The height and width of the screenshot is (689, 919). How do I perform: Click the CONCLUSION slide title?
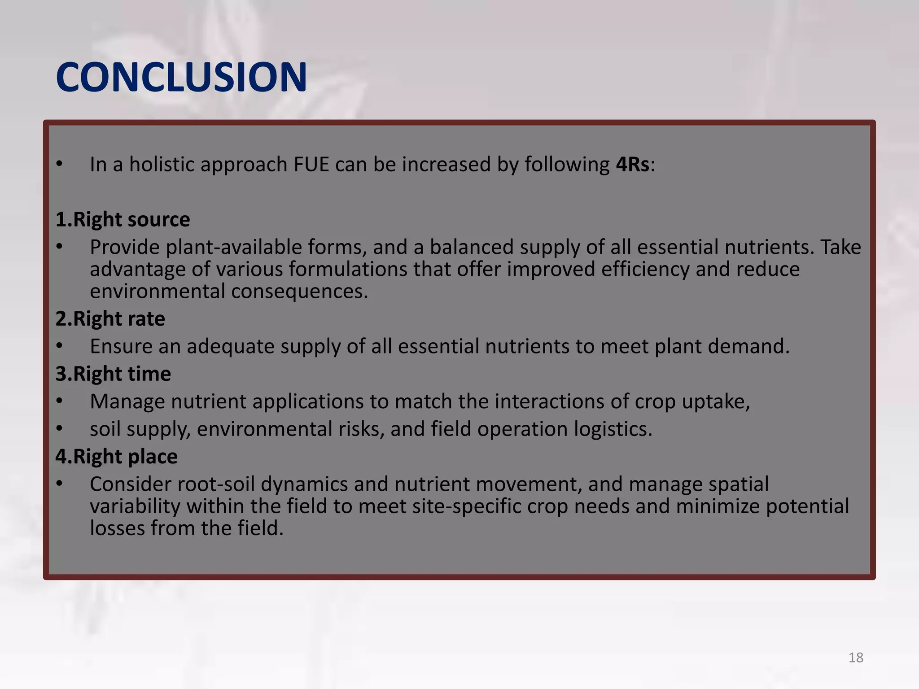tap(181, 77)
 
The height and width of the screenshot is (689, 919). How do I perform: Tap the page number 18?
tap(856, 658)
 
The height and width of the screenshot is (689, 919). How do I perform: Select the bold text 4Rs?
tap(633, 165)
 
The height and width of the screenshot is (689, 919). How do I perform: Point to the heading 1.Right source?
tap(123, 220)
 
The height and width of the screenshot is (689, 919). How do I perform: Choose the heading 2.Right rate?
tap(110, 319)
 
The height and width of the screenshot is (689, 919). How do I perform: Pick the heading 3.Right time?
tap(113, 374)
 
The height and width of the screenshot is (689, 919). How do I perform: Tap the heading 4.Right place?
tap(116, 457)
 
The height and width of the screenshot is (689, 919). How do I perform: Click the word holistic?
tap(162, 165)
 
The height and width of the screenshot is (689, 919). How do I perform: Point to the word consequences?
tap(299, 292)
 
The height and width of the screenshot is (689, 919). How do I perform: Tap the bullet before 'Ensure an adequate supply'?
tap(59, 346)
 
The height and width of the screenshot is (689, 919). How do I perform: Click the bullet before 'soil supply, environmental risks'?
tap(59, 429)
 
